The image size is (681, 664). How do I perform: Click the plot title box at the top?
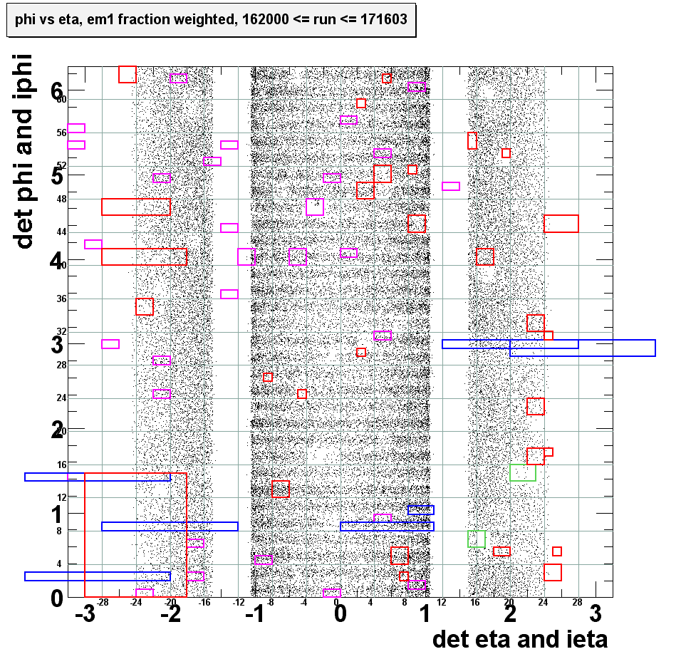tap(210, 20)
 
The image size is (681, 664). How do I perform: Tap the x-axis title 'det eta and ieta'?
tap(520, 639)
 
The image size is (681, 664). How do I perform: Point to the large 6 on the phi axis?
tap(57, 90)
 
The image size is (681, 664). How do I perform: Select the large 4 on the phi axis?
tap(57, 261)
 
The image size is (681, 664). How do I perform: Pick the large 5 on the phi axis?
tap(57, 175)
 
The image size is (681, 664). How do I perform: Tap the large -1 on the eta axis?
tap(254, 614)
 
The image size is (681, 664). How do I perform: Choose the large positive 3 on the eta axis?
tap(596, 614)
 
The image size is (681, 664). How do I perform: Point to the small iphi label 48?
tap(61, 199)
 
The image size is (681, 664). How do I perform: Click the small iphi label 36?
tap(61, 299)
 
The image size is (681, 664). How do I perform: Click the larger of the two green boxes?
tap(523, 472)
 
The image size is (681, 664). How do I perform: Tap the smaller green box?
tap(477, 539)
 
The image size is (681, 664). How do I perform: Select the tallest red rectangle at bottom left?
tap(135, 534)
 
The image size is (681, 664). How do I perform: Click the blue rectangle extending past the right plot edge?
tap(582, 348)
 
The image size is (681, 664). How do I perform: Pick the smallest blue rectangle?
tap(420, 509)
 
